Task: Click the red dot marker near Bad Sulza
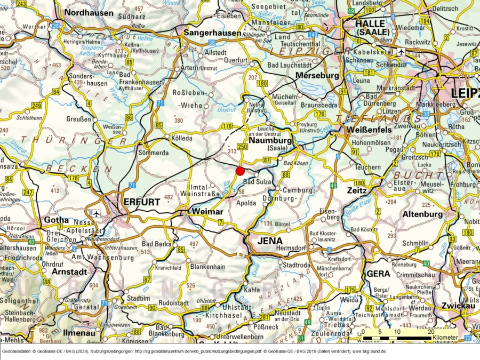coord(240,171)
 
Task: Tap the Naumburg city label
coord(270,140)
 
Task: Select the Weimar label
coord(206,212)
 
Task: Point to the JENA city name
coord(270,241)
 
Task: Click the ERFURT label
coord(141,202)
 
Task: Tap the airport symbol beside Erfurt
coord(97,213)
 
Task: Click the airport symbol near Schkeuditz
coord(401,52)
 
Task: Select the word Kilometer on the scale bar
coord(445,338)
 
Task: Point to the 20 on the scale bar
coord(430,331)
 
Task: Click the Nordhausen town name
coord(89,12)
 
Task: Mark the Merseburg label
coord(317,75)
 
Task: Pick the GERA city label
coord(379,273)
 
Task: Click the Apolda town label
coord(246,203)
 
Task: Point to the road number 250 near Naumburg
coord(243,147)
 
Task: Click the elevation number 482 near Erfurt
coord(169,197)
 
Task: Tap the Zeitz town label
coord(356,190)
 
